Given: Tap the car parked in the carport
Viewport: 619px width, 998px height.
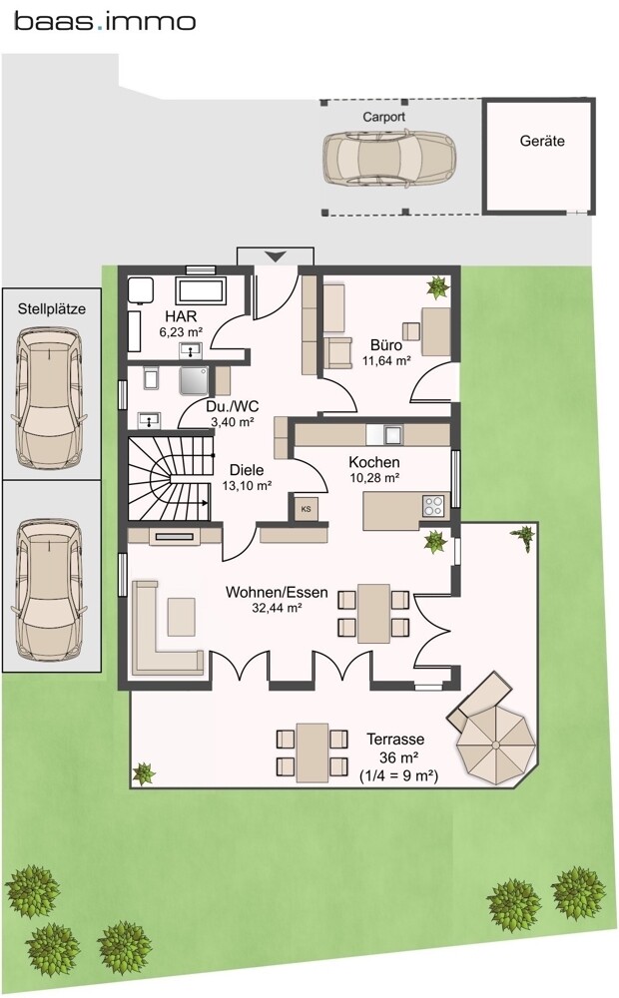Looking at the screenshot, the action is point(389,158).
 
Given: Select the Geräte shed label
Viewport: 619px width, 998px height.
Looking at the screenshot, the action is point(542,141).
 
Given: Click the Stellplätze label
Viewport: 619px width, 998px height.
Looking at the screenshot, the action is point(52,309).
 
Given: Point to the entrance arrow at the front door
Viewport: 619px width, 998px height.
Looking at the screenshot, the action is point(276,256).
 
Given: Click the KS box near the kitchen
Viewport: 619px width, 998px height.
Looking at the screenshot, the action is point(307,509).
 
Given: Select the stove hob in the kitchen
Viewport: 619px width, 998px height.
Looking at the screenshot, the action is point(434,505).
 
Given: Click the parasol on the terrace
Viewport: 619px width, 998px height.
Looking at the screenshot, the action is point(496,744).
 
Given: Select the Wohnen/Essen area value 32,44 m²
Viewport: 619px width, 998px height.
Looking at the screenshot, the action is point(277,608).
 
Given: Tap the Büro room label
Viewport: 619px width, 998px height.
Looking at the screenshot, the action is point(386,345).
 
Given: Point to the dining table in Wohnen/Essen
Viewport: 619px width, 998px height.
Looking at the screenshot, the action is point(373,614).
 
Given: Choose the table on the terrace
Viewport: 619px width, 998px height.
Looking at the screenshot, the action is point(312,751).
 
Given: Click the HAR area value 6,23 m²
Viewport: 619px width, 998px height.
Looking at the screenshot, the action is point(181,331).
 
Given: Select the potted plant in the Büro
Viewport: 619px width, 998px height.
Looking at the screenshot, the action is point(438,287).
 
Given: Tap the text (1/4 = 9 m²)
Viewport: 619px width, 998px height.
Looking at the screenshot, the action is point(398,775).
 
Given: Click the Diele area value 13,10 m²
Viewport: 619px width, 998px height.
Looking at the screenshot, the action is point(247,484).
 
